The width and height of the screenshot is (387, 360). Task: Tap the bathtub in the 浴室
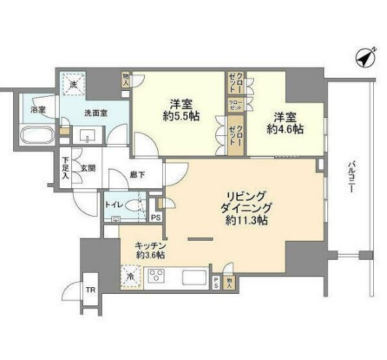coord(36,135)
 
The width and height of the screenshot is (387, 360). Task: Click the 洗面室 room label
coord(92,113)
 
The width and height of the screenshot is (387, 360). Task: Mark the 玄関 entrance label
coord(88,170)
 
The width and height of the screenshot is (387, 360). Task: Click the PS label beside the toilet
coord(154,217)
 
